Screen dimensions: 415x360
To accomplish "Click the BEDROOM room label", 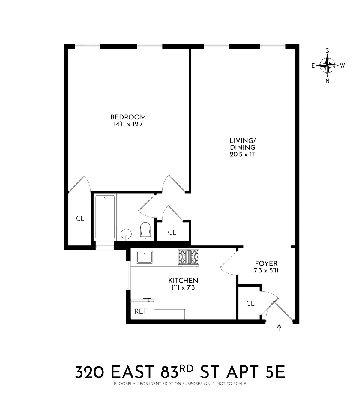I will click(128, 117).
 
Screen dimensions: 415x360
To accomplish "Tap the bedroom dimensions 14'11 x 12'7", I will click(128, 124).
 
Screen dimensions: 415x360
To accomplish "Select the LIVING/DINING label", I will click(242, 144).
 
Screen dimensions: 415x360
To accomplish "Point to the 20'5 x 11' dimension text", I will click(242, 155).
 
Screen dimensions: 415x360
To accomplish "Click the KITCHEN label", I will click(183, 281).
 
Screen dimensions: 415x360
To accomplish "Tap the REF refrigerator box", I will click(141, 311).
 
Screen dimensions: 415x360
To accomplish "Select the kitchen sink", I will click(145, 257).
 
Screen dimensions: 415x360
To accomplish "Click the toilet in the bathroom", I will click(145, 231).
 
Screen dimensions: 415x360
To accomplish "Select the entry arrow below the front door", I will click(280, 328).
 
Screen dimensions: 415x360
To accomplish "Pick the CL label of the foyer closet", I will click(250, 303).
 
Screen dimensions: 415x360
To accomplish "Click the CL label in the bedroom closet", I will click(80, 218).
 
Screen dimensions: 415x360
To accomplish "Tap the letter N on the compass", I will click(328, 80).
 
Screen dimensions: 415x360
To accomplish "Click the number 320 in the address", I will click(90, 373).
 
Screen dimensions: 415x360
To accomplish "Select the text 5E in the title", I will click(274, 373).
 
